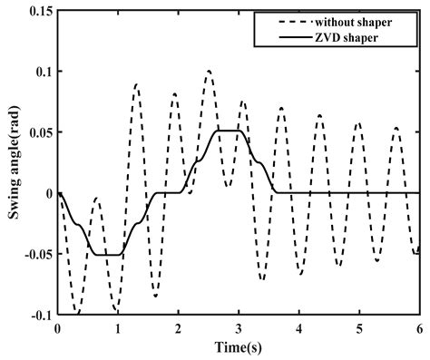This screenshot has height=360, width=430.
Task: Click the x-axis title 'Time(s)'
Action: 239,348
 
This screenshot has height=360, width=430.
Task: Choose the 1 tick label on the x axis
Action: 118,328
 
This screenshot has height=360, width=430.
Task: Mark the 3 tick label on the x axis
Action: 239,328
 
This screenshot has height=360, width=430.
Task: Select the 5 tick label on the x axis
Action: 359,328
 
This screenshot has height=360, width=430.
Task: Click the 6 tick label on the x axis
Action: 419,328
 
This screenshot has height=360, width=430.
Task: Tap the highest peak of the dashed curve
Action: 209,71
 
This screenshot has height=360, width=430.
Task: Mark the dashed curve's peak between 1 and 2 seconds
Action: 136,83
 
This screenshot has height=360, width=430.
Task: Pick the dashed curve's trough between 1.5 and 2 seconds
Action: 155,296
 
